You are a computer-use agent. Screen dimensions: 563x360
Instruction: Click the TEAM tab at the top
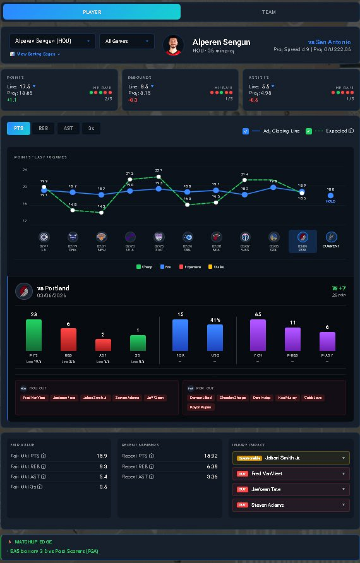[269, 12]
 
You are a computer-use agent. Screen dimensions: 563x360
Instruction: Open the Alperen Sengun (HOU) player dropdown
[52, 41]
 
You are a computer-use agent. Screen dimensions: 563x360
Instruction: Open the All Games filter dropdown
[126, 41]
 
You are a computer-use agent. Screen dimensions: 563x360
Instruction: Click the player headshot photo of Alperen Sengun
[173, 45]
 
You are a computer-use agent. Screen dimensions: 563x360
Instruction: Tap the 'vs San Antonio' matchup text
[328, 42]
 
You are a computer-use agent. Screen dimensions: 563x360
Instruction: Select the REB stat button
[43, 128]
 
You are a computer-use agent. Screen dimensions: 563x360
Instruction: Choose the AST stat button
[68, 128]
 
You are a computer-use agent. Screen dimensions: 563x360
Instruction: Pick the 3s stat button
[91, 128]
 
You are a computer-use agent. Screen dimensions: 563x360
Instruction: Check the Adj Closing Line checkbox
[246, 131]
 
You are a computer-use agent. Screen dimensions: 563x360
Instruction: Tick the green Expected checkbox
[308, 131]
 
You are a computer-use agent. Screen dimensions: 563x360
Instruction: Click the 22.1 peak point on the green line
[159, 177]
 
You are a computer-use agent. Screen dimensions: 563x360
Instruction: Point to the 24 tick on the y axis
[25, 170]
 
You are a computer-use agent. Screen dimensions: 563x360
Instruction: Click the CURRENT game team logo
[330, 237]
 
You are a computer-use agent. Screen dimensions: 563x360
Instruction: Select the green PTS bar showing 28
[33, 335]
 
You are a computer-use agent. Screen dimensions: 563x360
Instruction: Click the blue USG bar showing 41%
[215, 337]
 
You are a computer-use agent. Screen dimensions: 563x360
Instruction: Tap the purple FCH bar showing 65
[258, 335]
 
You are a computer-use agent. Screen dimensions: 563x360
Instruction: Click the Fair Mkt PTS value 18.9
[102, 456]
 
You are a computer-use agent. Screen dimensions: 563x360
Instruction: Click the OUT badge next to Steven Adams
[242, 505]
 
